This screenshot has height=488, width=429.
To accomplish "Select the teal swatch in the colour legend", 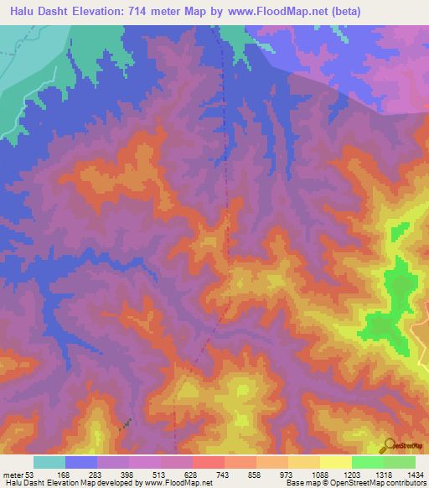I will coord(49,463).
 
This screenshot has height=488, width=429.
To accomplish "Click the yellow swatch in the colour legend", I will coord(335,463).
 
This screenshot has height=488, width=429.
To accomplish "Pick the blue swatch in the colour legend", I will coord(81,463).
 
